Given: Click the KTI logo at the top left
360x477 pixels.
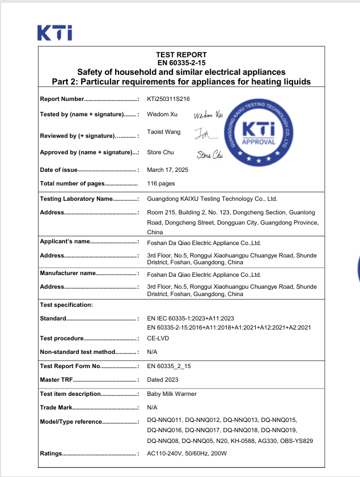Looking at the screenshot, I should point(54,32).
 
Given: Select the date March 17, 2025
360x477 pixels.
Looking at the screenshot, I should point(167,170).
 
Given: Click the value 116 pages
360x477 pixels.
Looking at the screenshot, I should point(161,183).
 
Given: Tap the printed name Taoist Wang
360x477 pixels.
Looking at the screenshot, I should point(164,132).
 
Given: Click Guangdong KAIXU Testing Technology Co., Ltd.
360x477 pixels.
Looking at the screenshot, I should point(212,199).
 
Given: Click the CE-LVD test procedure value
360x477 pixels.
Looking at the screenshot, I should point(158,339).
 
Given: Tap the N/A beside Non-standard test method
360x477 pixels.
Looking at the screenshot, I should point(152,352).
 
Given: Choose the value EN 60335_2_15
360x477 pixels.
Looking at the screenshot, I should point(169,366).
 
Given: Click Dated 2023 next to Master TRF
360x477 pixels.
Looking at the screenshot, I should point(163,379).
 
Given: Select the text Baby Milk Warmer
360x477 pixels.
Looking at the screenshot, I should point(172,394).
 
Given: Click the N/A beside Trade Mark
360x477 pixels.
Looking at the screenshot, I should point(152,407).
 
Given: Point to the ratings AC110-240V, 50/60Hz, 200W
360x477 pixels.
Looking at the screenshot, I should point(187,454).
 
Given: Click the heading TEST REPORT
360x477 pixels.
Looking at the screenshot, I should point(181,55).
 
